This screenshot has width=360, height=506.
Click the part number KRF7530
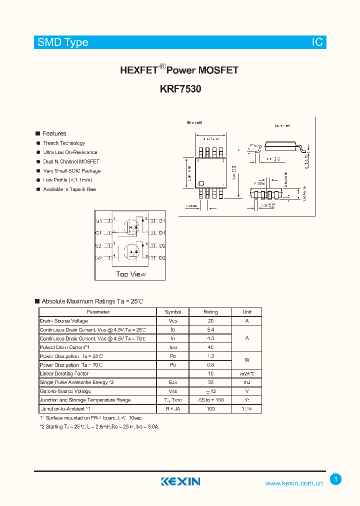pos(180,89)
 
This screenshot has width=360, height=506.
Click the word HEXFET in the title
pos(139,70)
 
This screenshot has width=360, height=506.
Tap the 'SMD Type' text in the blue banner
pos(63,42)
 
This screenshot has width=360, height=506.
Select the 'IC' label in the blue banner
pos(317,42)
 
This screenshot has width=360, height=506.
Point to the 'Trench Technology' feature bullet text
pos(64,143)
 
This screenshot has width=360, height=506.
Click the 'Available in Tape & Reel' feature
pos(69,189)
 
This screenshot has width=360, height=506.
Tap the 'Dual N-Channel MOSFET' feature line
pos(71,161)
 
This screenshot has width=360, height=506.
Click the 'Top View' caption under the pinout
pos(131,274)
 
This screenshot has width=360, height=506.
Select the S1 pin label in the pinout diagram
pos(98,221)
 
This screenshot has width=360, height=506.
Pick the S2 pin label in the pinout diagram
pos(98,246)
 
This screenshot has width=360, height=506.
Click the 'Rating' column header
pos(210,312)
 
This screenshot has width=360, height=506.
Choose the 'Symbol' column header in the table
pos(173,312)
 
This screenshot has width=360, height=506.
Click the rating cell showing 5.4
pos(210,330)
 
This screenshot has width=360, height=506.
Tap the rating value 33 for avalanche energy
pos(210,382)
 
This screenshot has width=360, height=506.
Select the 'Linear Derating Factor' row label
pos(64,374)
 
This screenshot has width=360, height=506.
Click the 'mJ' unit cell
pos(247,382)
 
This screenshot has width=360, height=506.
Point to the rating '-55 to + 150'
pos(210,400)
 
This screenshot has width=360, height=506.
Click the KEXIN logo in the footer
pos(180,481)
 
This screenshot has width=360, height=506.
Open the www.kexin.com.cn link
pos(294,483)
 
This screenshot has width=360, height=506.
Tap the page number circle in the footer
pos(336,479)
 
